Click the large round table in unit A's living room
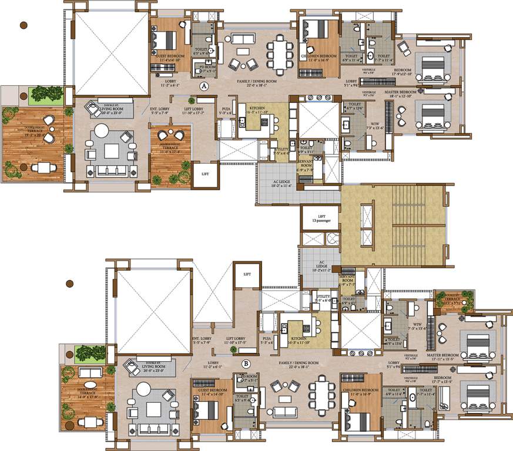[112, 150]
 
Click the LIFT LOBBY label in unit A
[194, 110]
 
